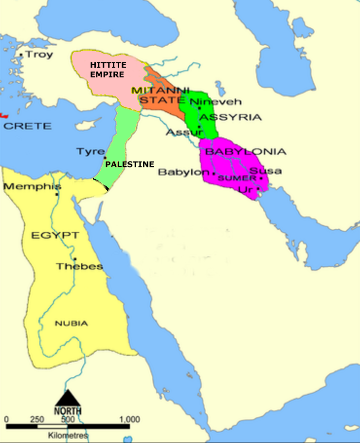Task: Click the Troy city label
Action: [39, 55]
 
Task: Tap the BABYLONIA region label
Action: [246, 151]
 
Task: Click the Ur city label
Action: [245, 189]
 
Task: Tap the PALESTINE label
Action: [129, 165]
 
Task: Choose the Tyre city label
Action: [90, 151]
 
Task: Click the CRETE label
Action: [27, 126]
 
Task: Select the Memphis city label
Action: [32, 186]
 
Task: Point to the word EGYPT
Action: [55, 236]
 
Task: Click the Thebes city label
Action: [79, 266]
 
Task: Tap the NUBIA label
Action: [71, 323]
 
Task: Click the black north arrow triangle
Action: [68, 397]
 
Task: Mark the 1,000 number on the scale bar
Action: [129, 420]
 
